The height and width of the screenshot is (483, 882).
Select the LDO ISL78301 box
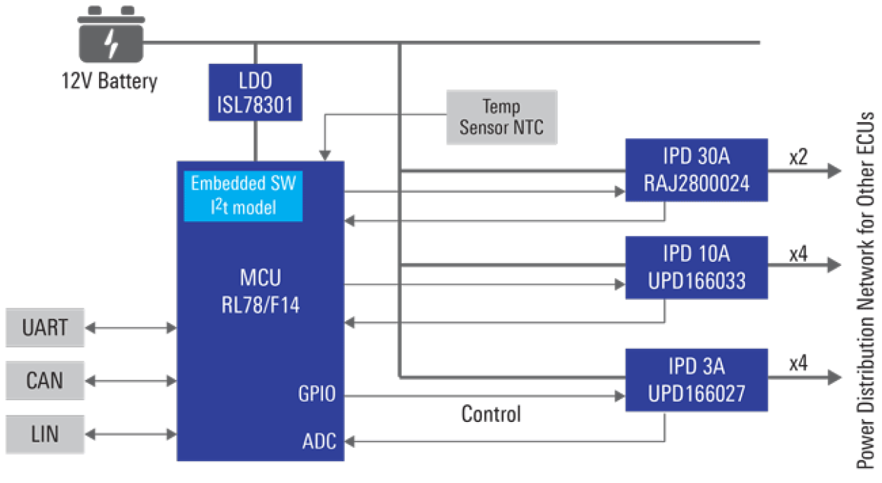click(255, 91)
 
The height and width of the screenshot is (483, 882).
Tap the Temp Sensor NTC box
click(501, 117)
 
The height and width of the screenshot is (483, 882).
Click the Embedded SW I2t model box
click(243, 196)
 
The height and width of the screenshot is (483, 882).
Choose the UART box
click(45, 327)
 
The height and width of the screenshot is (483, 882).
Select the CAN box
click(45, 381)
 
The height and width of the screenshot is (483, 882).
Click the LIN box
click(45, 434)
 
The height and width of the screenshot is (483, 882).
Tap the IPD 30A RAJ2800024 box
click(696, 170)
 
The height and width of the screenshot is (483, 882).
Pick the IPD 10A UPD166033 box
click(696, 267)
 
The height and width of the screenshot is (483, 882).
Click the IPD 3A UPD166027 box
click(696, 379)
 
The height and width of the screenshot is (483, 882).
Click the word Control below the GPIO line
click(491, 413)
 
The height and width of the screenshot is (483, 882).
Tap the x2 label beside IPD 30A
click(798, 157)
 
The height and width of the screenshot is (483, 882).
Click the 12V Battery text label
click(109, 81)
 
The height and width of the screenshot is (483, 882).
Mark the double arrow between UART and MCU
click(131, 327)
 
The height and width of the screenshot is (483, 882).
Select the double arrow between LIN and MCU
click(131, 434)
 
